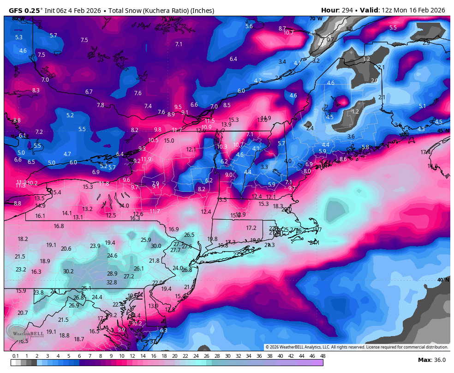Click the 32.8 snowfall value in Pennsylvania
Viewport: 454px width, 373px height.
tap(112, 282)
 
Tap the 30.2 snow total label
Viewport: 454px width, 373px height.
tap(68, 271)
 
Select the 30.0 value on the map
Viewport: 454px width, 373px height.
tap(156, 246)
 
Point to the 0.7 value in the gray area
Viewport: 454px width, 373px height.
tap(330, 40)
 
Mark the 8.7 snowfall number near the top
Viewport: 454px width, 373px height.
tap(282, 28)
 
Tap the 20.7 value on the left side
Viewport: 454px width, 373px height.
tap(23, 313)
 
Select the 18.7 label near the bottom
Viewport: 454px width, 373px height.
tap(79, 339)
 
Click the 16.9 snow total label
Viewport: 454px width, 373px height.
tap(173, 229)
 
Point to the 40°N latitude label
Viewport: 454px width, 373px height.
tap(443, 280)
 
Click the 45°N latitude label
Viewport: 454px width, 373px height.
tap(443, 131)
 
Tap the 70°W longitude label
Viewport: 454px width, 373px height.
tap(316, 18)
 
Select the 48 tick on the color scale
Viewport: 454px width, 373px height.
tap(323, 356)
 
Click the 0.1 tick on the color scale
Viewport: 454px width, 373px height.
tap(15, 356)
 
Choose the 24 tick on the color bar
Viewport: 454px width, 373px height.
tap(196, 356)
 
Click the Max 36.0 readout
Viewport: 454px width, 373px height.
tap(431, 360)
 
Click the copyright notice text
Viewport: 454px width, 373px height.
tap(357, 347)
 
